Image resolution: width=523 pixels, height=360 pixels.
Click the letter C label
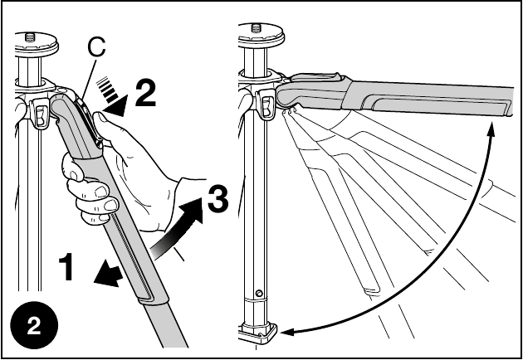point(96,49)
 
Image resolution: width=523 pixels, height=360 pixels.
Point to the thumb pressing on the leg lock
point(105,126)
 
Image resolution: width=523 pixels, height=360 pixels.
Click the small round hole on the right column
point(261,293)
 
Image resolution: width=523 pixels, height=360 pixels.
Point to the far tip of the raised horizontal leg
point(506,92)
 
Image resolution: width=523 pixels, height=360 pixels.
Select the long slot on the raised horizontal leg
point(436,104)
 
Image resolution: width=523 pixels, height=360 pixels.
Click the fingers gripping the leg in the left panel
point(90,198)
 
